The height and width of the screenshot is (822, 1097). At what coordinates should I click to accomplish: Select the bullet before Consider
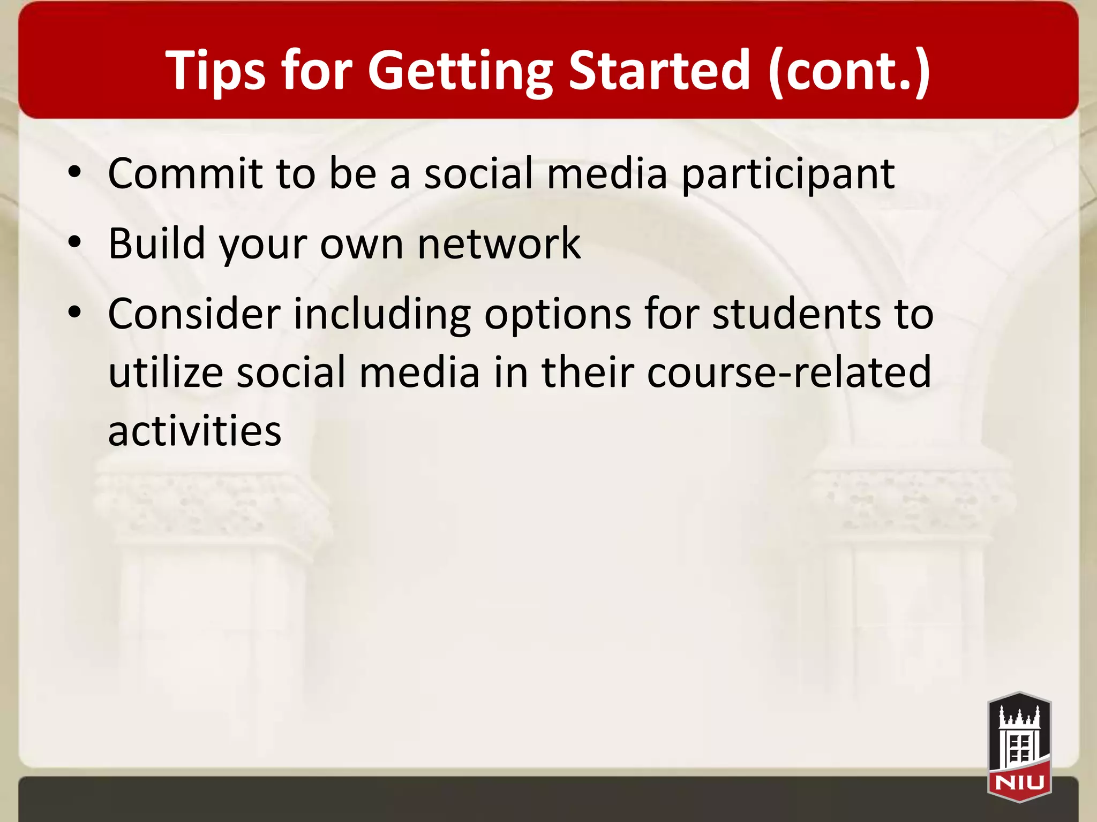point(75,313)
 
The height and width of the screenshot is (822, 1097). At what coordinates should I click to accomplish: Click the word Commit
point(185,173)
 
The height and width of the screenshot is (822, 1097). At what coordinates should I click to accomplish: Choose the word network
point(499,243)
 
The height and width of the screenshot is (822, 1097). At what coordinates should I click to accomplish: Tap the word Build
point(157,243)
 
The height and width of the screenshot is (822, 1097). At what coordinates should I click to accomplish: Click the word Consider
point(194,314)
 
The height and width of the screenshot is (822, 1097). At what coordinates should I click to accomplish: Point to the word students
point(796,314)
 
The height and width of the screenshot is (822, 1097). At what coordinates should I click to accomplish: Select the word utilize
point(166,372)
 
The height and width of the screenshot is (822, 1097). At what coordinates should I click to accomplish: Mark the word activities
point(194,431)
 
